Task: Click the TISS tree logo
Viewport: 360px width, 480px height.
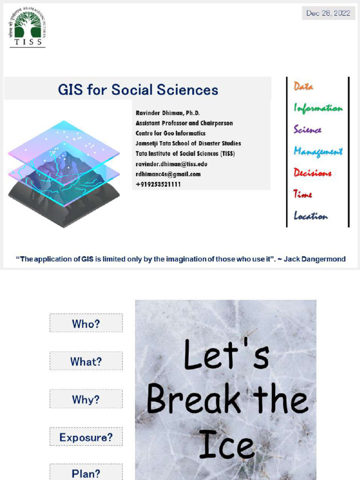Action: tap(28, 27)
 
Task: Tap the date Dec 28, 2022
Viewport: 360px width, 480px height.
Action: tap(328, 13)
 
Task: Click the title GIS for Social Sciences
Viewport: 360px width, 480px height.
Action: tap(138, 90)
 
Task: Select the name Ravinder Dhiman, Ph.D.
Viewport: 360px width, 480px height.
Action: tap(167, 113)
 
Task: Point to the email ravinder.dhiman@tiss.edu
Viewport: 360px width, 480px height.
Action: tap(171, 164)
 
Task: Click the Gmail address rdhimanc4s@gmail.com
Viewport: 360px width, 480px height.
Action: tap(168, 174)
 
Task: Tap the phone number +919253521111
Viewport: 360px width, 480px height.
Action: tap(158, 185)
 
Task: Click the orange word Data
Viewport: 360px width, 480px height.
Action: tap(303, 87)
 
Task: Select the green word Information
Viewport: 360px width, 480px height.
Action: tap(318, 108)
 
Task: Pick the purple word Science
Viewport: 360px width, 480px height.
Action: tap(307, 130)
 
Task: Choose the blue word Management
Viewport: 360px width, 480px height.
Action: tap(318, 151)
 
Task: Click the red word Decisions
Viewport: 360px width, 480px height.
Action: tap(312, 173)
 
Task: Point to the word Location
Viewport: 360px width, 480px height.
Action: tap(310, 216)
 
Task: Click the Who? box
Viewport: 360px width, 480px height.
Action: tap(86, 323)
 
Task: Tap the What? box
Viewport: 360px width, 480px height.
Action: tap(86, 361)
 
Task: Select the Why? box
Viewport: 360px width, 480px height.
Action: tap(86, 399)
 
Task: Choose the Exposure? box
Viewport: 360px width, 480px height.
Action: tap(86, 437)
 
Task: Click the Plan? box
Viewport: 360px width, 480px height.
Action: tap(86, 472)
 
